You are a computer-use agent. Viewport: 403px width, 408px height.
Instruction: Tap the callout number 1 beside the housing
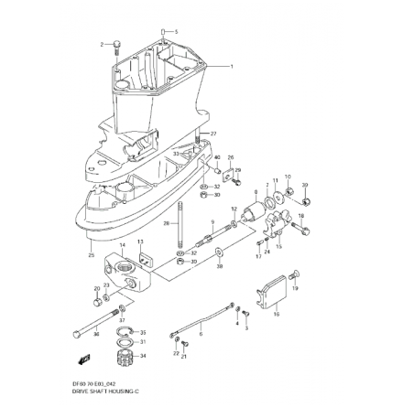pyautogui.click(x=232, y=66)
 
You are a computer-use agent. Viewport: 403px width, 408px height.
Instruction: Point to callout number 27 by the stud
pyautogui.click(x=213, y=134)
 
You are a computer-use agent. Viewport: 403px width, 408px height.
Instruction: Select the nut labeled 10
pyautogui.click(x=287, y=193)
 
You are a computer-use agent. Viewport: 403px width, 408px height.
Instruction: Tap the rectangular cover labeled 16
pyautogui.click(x=269, y=295)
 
